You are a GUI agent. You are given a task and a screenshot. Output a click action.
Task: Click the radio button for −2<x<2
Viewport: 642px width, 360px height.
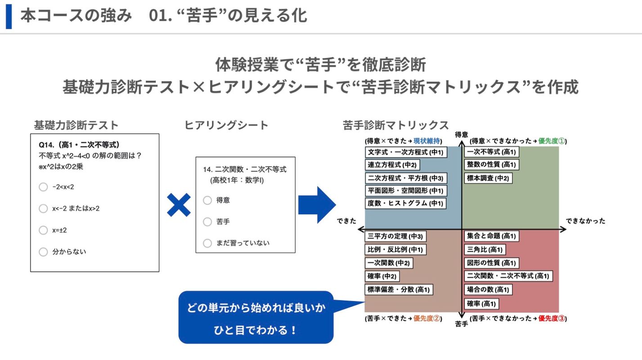tap(43, 187)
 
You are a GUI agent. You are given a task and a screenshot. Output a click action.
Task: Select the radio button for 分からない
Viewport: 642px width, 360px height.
tap(43, 252)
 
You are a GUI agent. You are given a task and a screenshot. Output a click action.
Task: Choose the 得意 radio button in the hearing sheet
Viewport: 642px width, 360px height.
tap(207, 200)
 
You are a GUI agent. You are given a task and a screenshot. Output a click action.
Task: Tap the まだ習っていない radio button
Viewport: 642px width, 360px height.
tap(207, 243)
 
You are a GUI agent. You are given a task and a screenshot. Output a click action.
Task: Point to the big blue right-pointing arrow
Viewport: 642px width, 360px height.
tap(317, 205)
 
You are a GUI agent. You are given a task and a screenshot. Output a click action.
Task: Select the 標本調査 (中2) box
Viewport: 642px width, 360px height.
tap(488, 178)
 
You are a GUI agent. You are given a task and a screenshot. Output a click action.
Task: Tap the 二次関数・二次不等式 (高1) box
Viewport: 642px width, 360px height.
tap(508, 276)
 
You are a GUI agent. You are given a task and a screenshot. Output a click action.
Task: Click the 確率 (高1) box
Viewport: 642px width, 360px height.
tap(480, 304)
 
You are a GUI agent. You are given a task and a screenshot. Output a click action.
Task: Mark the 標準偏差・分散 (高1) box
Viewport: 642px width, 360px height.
tap(399, 290)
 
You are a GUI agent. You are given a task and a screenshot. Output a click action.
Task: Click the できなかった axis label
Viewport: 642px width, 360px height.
tap(585, 221)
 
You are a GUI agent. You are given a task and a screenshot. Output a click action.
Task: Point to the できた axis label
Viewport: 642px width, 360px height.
tap(346, 221)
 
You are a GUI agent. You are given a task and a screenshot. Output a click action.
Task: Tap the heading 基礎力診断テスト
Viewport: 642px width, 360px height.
tap(76, 125)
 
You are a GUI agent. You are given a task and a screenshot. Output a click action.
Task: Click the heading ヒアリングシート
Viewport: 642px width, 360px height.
tap(226, 125)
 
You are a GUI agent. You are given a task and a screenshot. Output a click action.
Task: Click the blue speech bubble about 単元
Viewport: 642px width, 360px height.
tap(256, 317)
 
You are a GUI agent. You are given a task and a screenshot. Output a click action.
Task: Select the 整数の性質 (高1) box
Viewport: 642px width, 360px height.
tap(491, 165)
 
